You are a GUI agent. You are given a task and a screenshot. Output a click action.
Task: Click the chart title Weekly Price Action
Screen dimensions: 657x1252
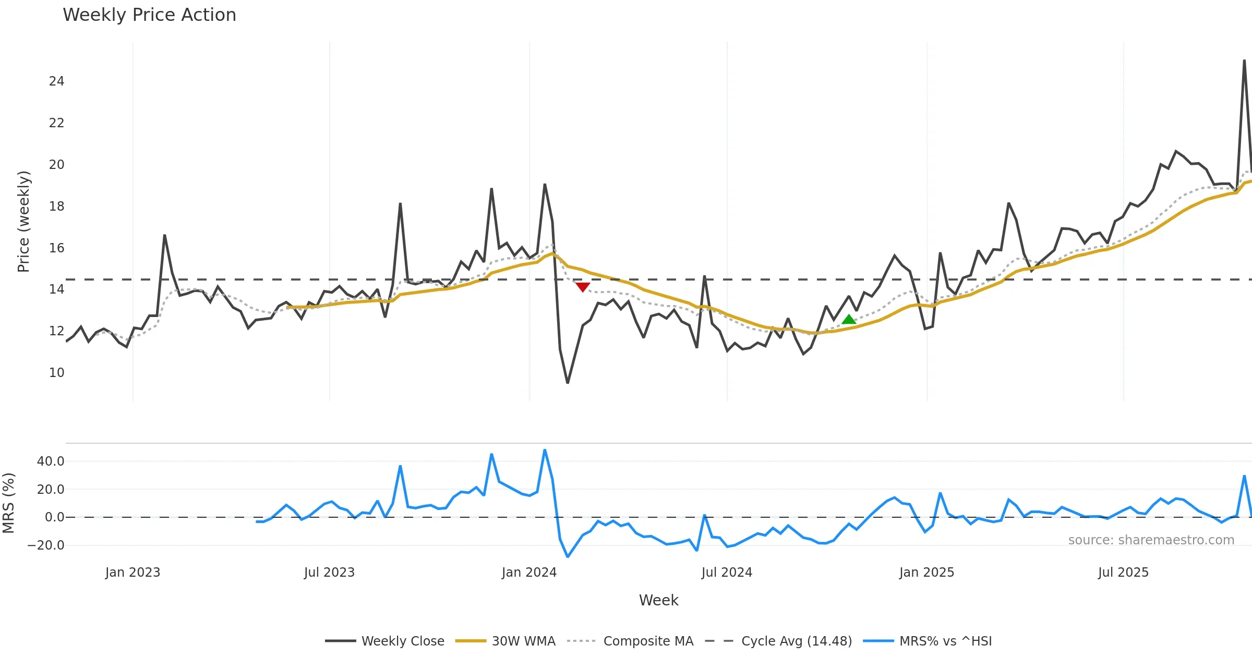coord(149,15)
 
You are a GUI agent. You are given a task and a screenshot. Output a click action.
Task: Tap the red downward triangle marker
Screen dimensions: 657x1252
coord(583,287)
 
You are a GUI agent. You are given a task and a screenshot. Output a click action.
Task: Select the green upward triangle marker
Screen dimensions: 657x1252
coord(849,319)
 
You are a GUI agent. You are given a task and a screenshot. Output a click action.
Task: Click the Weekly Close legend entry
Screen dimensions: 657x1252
coord(402,641)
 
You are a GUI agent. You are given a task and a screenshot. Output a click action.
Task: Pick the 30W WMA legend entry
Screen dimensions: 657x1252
coord(523,641)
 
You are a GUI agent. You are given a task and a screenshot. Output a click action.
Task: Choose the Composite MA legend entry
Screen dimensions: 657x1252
coord(648,641)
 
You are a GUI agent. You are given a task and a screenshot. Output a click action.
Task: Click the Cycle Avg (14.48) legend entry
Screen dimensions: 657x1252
coord(796,641)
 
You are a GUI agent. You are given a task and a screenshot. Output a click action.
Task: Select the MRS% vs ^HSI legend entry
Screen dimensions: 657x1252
coord(945,641)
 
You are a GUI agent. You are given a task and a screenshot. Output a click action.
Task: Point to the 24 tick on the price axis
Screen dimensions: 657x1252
coord(56,81)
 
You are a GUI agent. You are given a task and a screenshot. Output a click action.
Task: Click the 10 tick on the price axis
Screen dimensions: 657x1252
coord(56,373)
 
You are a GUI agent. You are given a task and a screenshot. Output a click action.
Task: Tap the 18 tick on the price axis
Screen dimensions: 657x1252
coord(56,206)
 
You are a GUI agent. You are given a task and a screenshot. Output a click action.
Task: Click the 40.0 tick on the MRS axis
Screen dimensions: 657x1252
coord(51,461)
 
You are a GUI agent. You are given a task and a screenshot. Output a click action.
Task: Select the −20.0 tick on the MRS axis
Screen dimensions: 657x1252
coord(46,545)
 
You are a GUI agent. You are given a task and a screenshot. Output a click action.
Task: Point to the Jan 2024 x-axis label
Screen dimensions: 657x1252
coord(529,573)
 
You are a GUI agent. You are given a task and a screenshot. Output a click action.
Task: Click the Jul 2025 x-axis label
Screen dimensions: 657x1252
coord(1123,573)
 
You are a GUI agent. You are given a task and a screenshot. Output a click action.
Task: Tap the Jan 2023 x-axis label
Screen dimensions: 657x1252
coord(133,573)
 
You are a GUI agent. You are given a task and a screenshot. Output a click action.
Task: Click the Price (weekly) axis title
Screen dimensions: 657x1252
coord(23,222)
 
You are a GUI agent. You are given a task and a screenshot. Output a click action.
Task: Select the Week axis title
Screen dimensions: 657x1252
coord(658,601)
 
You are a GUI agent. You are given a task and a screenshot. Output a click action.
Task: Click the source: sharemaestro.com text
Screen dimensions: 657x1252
coord(1151,540)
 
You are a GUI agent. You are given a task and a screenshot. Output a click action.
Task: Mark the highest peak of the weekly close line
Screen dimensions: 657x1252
coord(1244,60)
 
